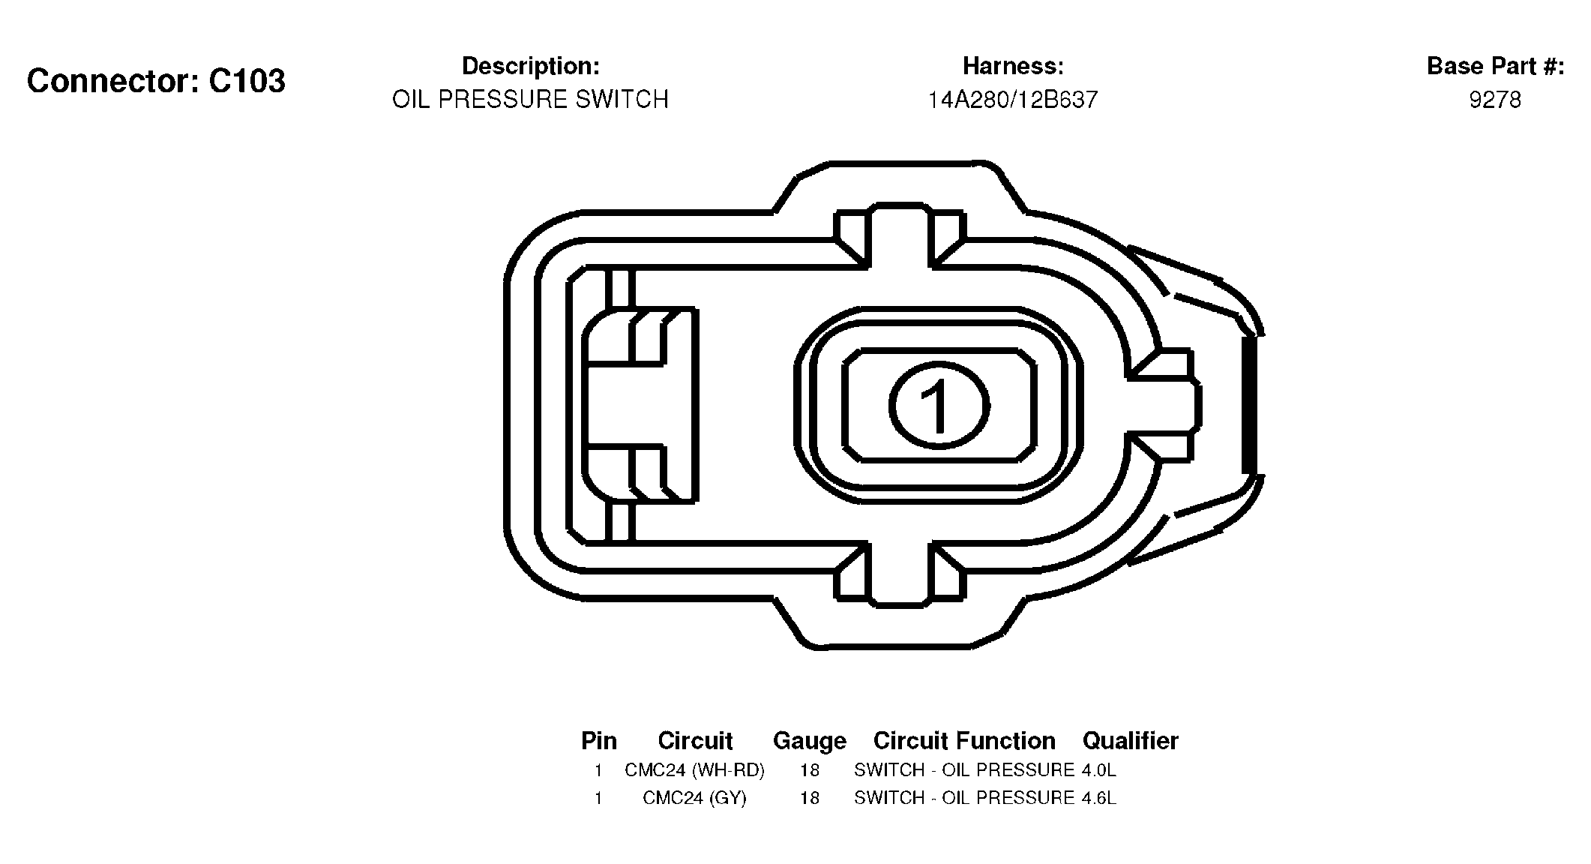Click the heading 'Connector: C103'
(x=156, y=81)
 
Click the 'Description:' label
(x=530, y=67)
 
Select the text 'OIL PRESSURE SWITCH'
(x=530, y=100)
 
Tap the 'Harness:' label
(x=1013, y=67)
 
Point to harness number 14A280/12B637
(x=1013, y=100)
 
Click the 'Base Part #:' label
(x=1495, y=67)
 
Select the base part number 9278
(x=1495, y=100)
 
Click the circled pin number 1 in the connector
(x=939, y=406)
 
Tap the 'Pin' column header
(x=599, y=741)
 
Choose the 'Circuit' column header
(x=695, y=741)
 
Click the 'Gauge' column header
(x=810, y=742)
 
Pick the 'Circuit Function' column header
(x=964, y=741)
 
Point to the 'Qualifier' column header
(x=1131, y=741)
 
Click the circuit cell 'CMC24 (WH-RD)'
(x=694, y=770)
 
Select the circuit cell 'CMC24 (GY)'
(x=694, y=798)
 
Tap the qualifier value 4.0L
(x=1099, y=770)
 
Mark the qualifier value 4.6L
(x=1099, y=798)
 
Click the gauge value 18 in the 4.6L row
(x=810, y=798)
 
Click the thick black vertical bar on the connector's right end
(x=1249, y=405)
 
